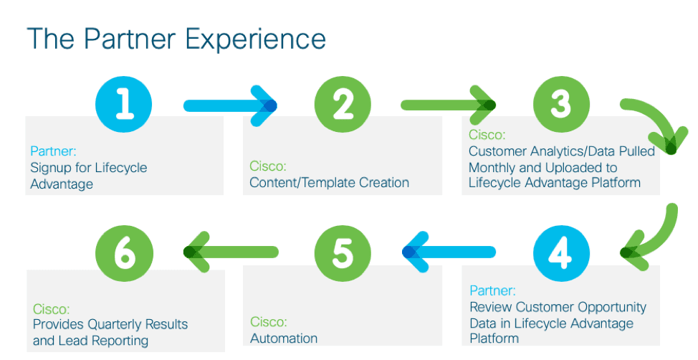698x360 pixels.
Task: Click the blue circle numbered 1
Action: point(124,104)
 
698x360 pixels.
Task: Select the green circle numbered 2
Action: point(343,104)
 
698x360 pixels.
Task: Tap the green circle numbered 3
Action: point(561,104)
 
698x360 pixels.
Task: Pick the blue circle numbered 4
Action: point(561,253)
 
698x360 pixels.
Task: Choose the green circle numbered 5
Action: point(343,253)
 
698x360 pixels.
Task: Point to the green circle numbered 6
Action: point(124,253)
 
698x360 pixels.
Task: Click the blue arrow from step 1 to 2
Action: point(230,105)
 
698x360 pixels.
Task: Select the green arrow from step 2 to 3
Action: point(449,105)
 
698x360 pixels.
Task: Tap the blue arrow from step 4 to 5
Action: point(449,252)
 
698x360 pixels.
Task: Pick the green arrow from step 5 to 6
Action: point(231,252)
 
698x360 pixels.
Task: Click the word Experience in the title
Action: point(256,39)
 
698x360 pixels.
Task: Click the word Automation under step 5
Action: point(284,338)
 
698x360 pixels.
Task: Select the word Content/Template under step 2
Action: point(302,183)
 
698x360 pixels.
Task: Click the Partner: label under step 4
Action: point(492,290)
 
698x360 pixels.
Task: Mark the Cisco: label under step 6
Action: point(51,309)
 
